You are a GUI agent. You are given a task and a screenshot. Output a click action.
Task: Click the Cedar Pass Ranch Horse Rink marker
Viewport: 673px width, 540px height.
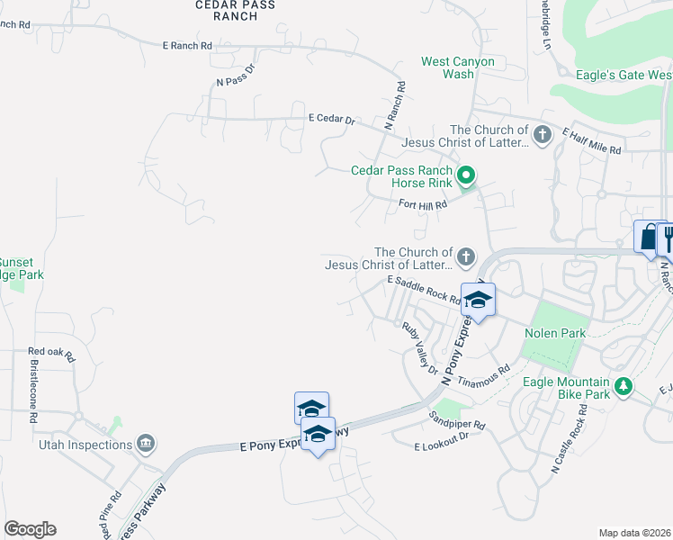tap(465, 175)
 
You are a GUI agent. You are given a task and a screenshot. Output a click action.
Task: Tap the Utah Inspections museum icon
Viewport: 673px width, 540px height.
tap(146, 444)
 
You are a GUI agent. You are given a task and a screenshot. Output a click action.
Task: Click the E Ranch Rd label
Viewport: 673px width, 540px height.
tap(187, 45)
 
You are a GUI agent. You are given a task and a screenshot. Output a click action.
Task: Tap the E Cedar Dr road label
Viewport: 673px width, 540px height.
tap(332, 119)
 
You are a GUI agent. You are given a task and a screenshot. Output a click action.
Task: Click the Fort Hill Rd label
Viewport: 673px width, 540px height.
tap(423, 205)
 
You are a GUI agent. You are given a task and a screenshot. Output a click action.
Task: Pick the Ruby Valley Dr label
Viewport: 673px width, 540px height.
tap(419, 349)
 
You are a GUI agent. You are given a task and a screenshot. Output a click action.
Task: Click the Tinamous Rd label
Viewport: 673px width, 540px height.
tap(484, 376)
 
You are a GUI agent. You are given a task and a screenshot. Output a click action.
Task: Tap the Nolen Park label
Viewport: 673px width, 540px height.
tap(555, 334)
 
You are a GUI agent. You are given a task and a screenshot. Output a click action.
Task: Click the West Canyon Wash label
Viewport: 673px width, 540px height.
tap(458, 67)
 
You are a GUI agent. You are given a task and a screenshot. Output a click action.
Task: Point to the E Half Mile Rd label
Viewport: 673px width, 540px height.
tap(591, 142)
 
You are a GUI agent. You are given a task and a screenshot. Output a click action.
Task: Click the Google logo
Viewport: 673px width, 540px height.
tap(30, 529)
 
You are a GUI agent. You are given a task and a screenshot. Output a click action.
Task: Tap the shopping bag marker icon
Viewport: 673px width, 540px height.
tap(648, 238)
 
